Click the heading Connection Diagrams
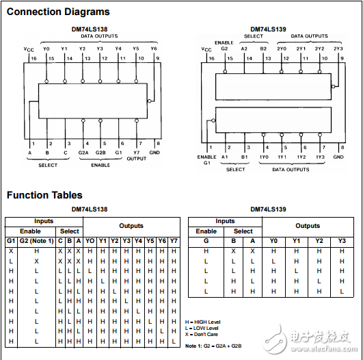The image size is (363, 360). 58,12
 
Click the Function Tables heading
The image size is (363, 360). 44,195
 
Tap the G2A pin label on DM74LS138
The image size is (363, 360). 83,153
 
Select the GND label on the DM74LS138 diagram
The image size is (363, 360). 154,153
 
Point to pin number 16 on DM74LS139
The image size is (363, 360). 212,58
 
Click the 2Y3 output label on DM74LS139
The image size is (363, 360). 338,49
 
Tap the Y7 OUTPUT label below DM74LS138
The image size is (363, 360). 137,155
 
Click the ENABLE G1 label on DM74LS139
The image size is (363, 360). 206,160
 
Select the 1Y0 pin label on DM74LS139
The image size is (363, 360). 264,157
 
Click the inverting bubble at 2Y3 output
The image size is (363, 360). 333,86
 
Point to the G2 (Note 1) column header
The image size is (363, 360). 37,241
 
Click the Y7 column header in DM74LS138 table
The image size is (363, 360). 174,241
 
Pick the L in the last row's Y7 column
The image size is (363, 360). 174,342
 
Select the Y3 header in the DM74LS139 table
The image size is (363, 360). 342,241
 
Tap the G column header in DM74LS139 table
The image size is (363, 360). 206,241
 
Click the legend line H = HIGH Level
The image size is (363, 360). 202,322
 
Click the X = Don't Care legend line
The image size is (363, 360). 202,334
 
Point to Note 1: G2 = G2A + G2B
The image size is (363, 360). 213,346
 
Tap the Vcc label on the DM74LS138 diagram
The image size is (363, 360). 29,49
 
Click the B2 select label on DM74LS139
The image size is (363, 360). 263,49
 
